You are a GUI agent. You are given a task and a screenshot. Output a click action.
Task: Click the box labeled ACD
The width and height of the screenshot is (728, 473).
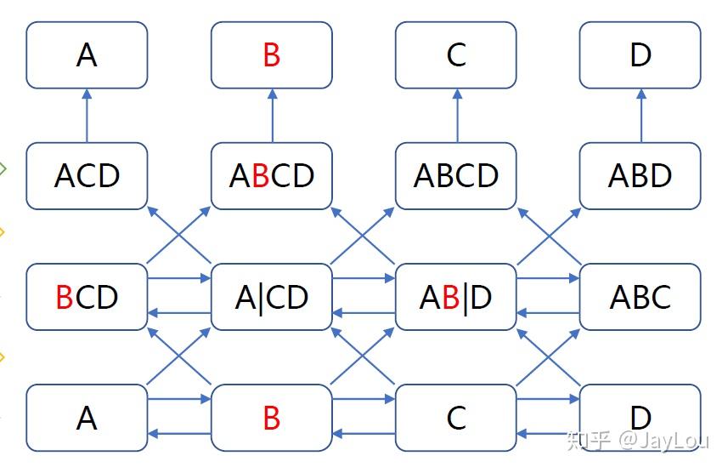pos(87,176)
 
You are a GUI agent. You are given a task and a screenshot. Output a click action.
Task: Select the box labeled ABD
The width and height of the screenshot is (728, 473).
pos(641,176)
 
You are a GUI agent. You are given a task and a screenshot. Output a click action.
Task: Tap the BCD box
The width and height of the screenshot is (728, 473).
pos(87,297)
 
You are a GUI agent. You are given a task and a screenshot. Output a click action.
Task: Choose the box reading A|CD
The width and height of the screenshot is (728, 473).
pos(271,297)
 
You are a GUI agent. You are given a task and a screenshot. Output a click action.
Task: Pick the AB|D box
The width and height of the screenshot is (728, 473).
pos(456,297)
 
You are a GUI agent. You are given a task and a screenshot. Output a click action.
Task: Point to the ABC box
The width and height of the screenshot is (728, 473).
pos(641,297)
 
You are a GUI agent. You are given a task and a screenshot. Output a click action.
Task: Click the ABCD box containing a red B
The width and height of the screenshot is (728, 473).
pos(271,176)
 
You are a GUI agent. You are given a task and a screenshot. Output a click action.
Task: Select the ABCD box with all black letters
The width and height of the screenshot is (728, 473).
pos(456,176)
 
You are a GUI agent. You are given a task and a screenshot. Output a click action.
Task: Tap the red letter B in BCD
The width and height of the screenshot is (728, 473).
pos(65,298)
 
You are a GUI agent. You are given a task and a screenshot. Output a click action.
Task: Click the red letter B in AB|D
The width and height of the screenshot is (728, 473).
pos(451,298)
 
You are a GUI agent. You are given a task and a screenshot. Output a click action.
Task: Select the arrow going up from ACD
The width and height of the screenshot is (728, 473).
pos(87,116)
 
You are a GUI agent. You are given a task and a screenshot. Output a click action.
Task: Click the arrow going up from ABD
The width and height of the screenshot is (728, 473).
pos(641,116)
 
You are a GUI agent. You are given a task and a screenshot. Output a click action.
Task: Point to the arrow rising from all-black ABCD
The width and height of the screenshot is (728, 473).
pos(456,116)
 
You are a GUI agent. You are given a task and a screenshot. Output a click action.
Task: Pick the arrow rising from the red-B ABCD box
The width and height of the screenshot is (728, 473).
pos(272,116)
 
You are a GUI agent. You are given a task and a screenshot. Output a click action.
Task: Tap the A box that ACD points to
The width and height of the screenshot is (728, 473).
pos(87,55)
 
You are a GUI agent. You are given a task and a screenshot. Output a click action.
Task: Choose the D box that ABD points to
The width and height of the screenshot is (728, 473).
pos(641,55)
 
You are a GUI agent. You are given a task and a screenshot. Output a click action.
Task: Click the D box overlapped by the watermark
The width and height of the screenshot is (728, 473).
pos(641,417)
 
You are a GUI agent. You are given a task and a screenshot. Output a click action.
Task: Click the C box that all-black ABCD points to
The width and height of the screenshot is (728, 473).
pos(456,55)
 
